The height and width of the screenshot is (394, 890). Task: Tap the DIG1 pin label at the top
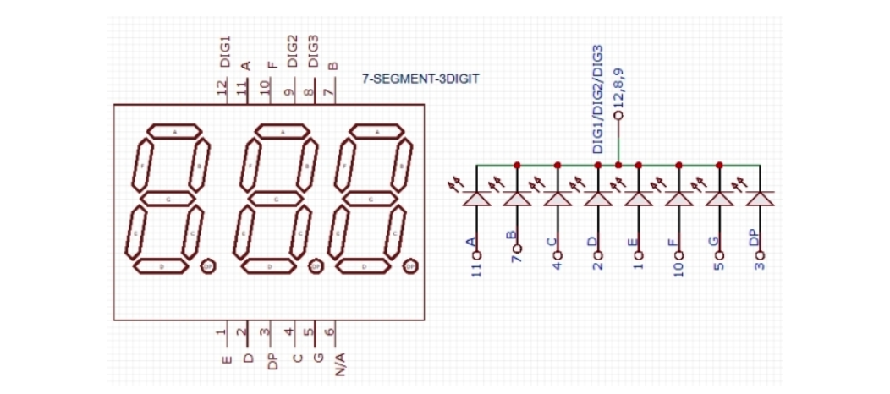225,52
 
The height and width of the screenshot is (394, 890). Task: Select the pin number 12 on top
223,87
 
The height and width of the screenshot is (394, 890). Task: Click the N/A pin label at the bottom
339,364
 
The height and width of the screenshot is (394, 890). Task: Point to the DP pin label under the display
271,362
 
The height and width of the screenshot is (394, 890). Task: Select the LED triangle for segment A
476,198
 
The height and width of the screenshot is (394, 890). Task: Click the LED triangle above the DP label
760,198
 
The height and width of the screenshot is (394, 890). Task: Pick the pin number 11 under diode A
476,270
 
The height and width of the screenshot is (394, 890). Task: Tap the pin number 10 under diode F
678,270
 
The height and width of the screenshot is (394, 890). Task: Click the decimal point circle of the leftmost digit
207,267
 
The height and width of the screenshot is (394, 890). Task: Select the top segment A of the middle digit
283,132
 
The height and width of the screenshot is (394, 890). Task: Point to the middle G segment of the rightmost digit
371,200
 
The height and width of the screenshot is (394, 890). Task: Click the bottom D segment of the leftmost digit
162,266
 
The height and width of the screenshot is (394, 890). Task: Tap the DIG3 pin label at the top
313,52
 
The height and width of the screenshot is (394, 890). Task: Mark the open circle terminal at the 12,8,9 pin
618,115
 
